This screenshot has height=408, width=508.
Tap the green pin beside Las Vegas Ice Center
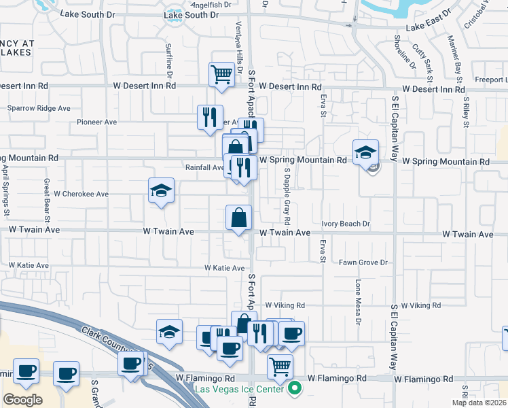(x=294, y=389)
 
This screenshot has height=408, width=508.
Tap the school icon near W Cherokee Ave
(x=162, y=190)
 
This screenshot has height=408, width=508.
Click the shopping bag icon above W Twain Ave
(x=239, y=218)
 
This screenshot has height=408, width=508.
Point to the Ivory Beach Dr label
(x=346, y=224)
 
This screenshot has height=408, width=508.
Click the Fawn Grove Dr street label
(x=363, y=262)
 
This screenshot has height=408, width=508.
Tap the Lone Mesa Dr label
(x=357, y=300)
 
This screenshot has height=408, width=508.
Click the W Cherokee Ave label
(x=81, y=194)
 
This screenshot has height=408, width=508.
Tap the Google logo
(x=22, y=400)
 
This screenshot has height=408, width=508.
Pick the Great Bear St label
(x=47, y=200)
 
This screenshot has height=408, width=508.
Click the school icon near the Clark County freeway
(x=169, y=331)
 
